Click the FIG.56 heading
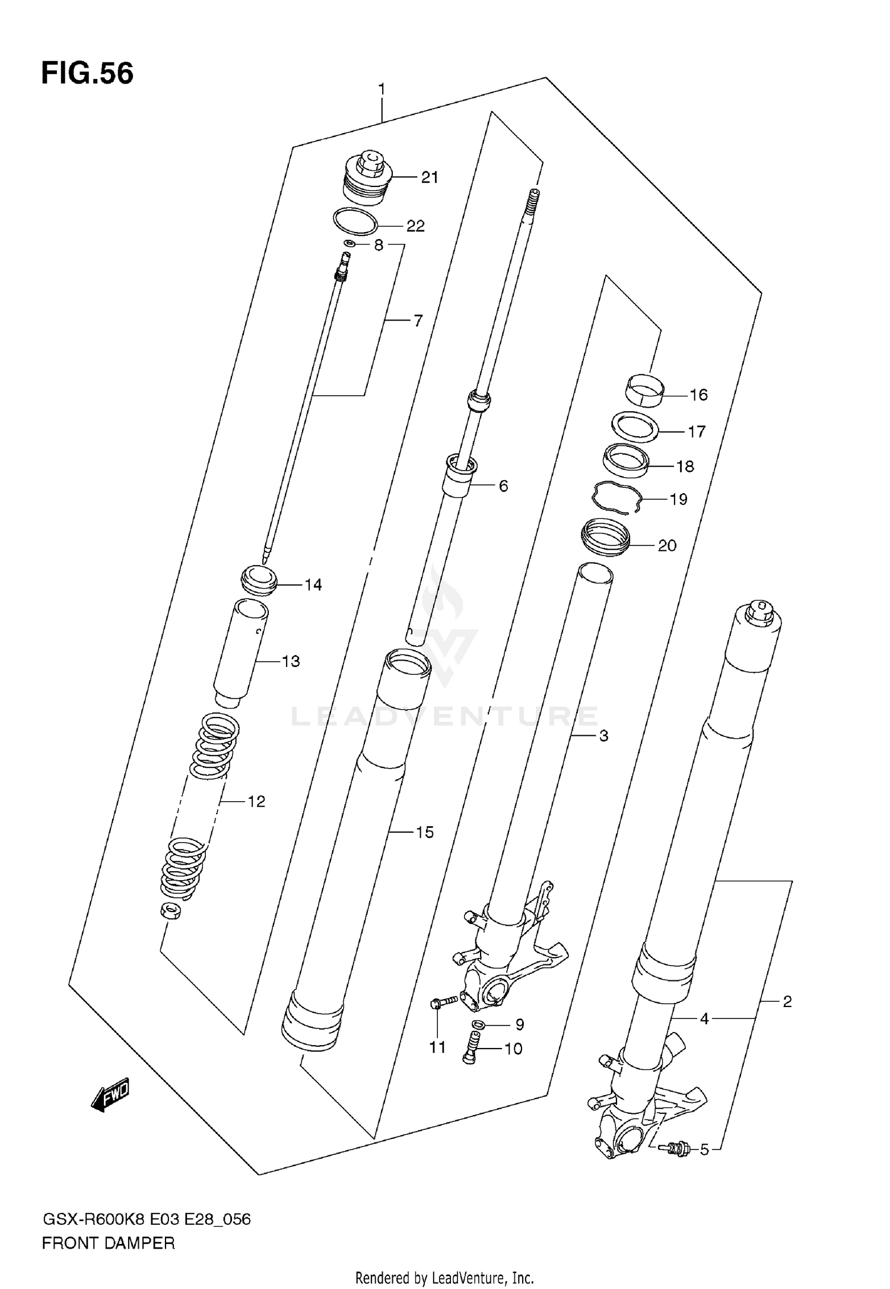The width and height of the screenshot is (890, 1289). (87, 74)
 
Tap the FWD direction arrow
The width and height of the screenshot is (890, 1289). (111, 1095)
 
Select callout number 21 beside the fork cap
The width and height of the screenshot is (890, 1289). (429, 177)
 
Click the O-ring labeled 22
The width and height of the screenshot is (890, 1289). (355, 222)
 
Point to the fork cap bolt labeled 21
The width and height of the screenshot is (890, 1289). (367, 176)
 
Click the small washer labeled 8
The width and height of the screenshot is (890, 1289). (349, 243)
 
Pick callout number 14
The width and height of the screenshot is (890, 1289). (313, 585)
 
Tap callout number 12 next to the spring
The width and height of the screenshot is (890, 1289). (256, 802)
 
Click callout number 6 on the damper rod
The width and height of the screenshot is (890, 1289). (503, 486)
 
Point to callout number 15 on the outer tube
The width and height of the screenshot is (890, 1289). (424, 832)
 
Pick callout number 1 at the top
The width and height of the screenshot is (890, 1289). (382, 90)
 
